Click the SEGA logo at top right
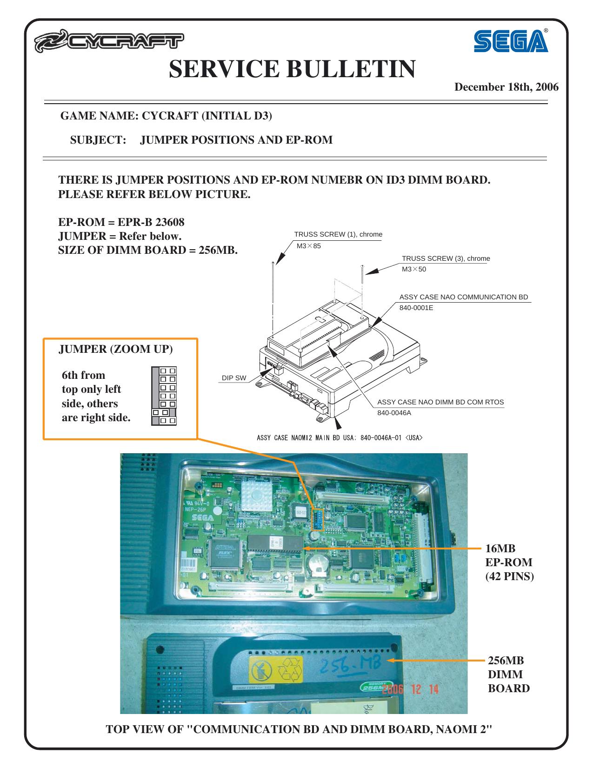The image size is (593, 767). [510, 41]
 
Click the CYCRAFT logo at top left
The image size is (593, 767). [108, 43]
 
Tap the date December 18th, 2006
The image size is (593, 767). [506, 87]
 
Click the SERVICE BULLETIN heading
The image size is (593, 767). [292, 69]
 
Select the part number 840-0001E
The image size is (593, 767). [416, 307]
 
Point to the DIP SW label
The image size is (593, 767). [234, 378]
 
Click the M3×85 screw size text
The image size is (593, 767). [309, 245]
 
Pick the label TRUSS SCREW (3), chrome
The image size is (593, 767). [446, 258]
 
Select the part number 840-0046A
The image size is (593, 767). [394, 412]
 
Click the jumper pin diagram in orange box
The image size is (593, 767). [164, 396]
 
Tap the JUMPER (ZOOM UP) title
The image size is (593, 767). [115, 350]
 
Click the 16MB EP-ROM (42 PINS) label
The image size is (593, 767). [509, 562]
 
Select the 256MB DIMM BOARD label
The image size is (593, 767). [508, 674]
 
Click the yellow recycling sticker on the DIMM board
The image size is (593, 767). [276, 669]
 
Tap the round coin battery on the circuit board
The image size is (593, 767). [318, 564]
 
